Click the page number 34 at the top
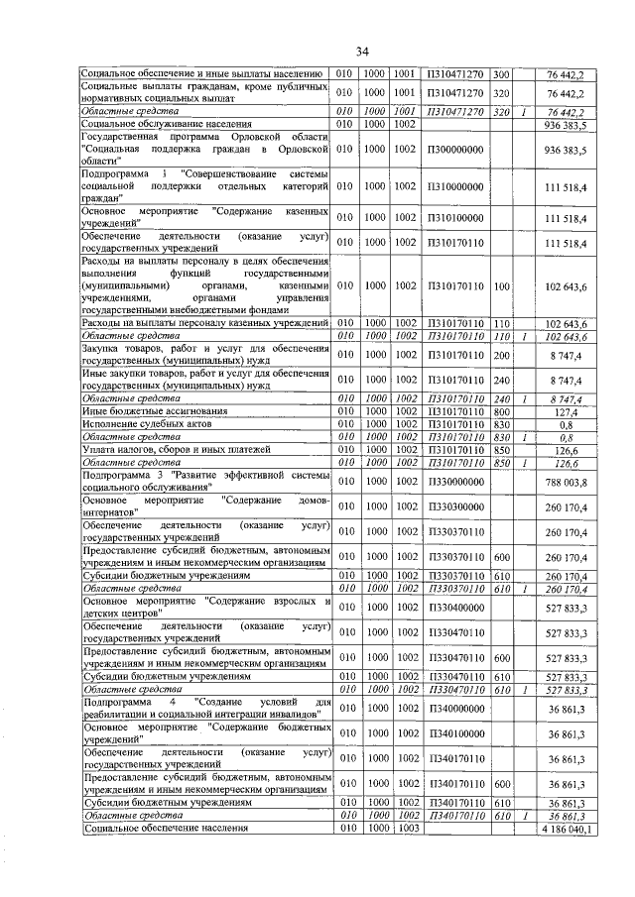[x=362, y=51]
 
